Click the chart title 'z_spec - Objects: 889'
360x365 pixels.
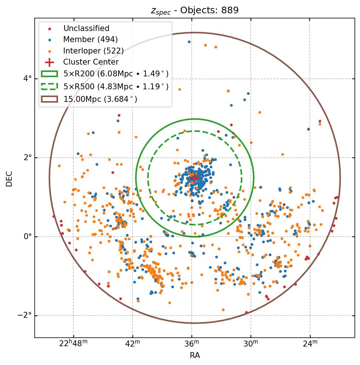click(x=195, y=10)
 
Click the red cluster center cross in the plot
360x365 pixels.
click(x=195, y=178)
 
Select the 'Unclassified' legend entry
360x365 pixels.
click(x=86, y=28)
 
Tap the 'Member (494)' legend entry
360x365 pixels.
click(x=90, y=39)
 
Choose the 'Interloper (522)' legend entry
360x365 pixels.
click(x=93, y=51)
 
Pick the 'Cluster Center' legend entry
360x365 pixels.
click(x=91, y=62)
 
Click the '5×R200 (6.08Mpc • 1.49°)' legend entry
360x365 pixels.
click(x=116, y=74)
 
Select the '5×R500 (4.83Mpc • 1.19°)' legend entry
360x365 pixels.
click(x=116, y=87)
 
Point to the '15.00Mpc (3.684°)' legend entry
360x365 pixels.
click(x=100, y=99)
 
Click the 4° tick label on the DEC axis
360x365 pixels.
click(x=27, y=79)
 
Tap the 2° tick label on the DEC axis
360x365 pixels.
click(x=27, y=158)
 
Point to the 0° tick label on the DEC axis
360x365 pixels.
click(x=27, y=237)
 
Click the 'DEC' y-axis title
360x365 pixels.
click(x=9, y=179)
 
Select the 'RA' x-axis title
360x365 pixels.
click(x=195, y=355)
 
